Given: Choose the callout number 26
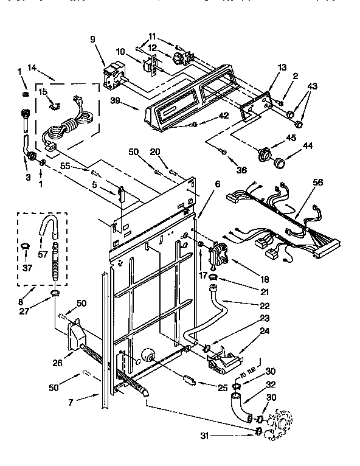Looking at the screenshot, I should (57, 364).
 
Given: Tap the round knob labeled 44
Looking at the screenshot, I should (280, 162).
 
